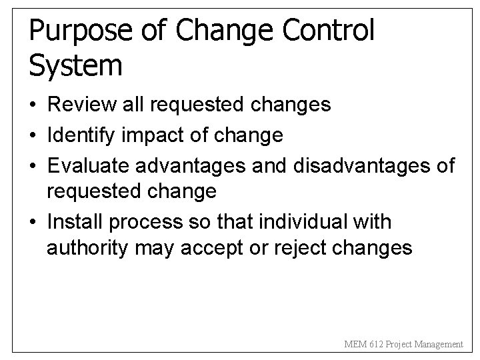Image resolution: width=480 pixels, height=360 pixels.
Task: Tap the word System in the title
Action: coord(76,65)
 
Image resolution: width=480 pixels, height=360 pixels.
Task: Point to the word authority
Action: coord(88,249)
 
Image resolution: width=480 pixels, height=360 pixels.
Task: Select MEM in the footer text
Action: coord(354,345)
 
